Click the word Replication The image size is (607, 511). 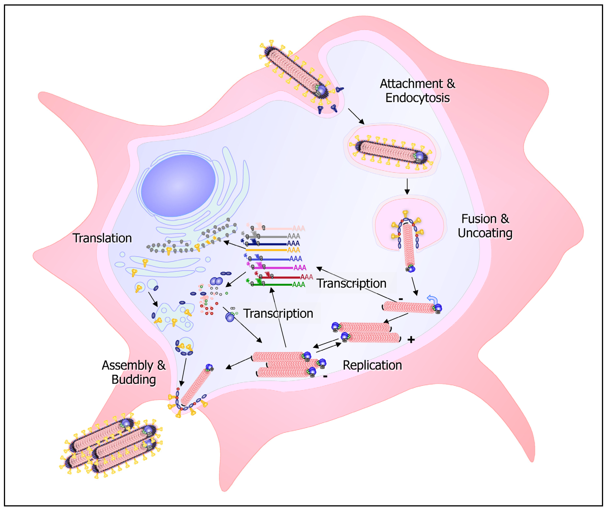(372, 365)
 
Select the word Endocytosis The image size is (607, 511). (417, 98)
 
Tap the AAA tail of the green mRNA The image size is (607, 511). (299, 285)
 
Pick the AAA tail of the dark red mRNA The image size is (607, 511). (306, 277)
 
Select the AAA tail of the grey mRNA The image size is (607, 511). (293, 236)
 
